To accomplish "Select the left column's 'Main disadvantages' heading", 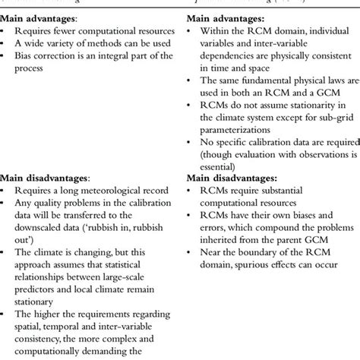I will (41, 197).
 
